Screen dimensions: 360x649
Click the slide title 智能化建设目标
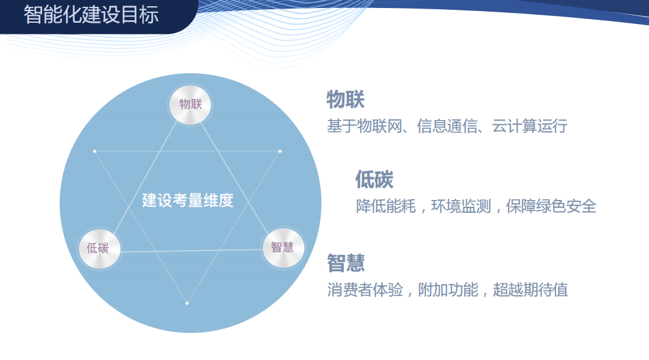91,15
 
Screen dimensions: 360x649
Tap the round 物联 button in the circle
190,104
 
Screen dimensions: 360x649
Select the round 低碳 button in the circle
99,248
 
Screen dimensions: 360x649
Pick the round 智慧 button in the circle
283,247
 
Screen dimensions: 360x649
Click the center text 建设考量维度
188,201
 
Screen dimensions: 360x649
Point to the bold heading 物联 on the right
345,99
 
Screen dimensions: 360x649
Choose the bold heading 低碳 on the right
374,179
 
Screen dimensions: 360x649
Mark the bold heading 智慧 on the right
346,263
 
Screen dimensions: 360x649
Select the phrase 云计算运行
530,127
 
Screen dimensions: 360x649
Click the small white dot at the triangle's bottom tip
187,303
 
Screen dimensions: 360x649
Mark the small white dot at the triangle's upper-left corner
94,151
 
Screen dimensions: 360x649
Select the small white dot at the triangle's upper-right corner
280,151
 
